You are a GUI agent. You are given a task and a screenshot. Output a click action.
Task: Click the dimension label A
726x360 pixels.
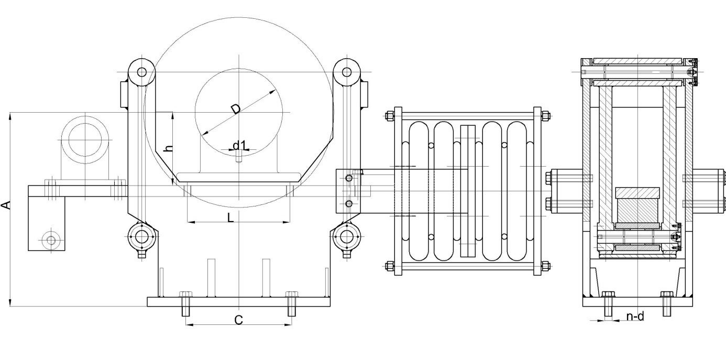coord(6,205)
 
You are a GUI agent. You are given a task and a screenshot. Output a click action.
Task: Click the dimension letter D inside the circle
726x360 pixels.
coord(236,109)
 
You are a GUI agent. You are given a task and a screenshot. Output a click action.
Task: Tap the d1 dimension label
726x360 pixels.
coord(240,145)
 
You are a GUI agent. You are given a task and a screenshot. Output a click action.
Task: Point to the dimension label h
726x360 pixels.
coord(169,148)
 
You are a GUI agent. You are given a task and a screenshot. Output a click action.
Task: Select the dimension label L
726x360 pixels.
coord(230,217)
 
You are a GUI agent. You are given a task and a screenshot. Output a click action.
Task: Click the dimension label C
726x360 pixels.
coord(238,320)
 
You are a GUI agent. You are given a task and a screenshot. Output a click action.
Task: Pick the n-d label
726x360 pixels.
coord(635,316)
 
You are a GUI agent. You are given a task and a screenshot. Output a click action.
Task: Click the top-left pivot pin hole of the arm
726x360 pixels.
coord(141,72)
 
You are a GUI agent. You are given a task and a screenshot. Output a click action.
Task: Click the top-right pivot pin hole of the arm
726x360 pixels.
coord(346,72)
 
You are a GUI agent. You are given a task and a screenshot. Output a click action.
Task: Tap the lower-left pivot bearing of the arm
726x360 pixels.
coord(141,237)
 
